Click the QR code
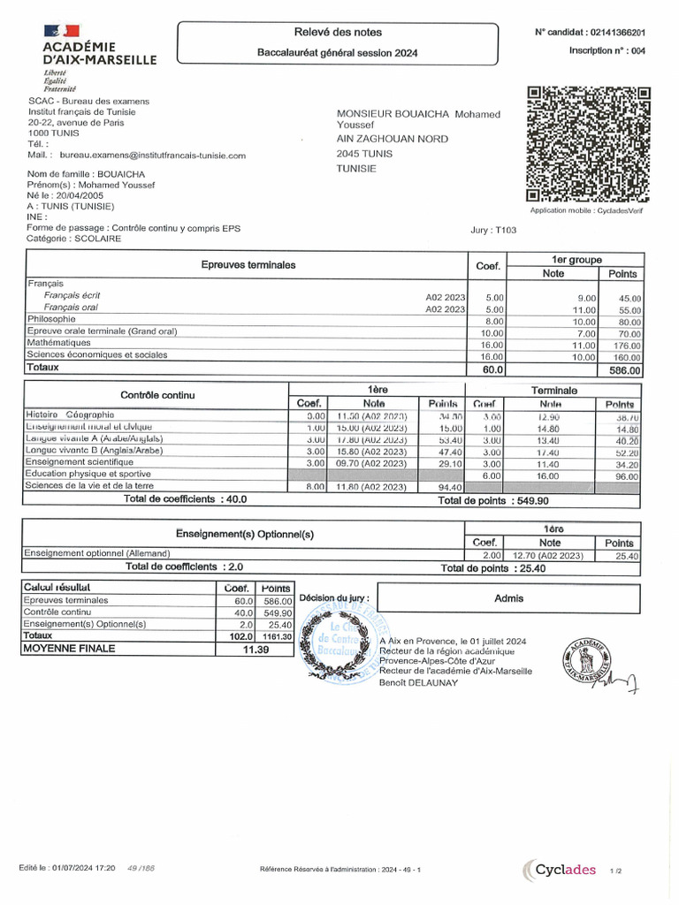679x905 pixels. point(589,145)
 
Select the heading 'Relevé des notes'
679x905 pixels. point(337,32)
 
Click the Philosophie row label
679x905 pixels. point(51,319)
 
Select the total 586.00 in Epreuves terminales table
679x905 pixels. point(624,371)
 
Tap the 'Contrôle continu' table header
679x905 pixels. point(157,395)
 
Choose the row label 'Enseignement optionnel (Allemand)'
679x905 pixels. point(97,554)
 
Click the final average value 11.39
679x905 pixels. point(255,649)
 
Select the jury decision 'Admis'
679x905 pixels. point(508,598)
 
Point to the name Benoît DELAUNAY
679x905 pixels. point(418,682)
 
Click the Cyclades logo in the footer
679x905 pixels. point(559,871)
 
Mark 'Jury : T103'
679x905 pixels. point(493,231)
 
